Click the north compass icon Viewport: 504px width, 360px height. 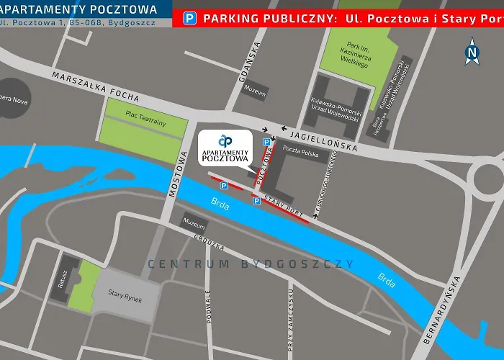[472, 51]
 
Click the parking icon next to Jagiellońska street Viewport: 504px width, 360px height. [267, 142]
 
